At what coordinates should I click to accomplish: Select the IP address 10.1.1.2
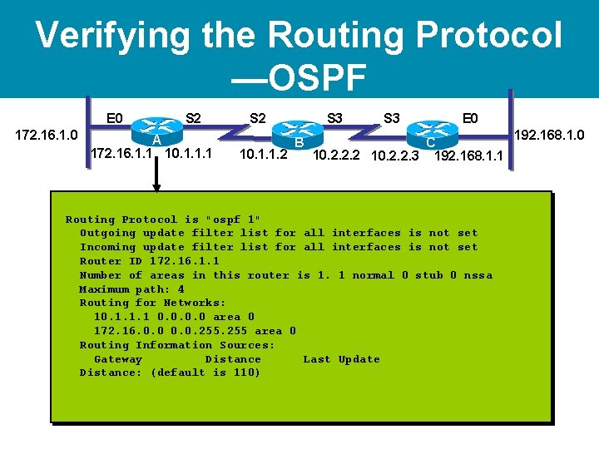click(263, 155)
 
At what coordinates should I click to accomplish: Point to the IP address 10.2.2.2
click(338, 155)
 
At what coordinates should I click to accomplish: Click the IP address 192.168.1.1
click(468, 155)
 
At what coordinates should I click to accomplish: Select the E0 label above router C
click(470, 118)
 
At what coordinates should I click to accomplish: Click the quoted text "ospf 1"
click(237, 220)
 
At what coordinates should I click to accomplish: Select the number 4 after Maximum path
click(181, 289)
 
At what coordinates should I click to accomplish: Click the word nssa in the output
click(478, 275)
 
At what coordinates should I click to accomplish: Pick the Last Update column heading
click(341, 359)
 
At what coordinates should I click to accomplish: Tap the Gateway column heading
click(117, 359)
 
